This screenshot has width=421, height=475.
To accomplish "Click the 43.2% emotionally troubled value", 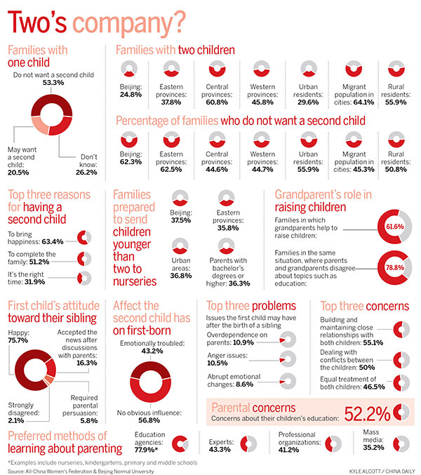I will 153,349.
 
